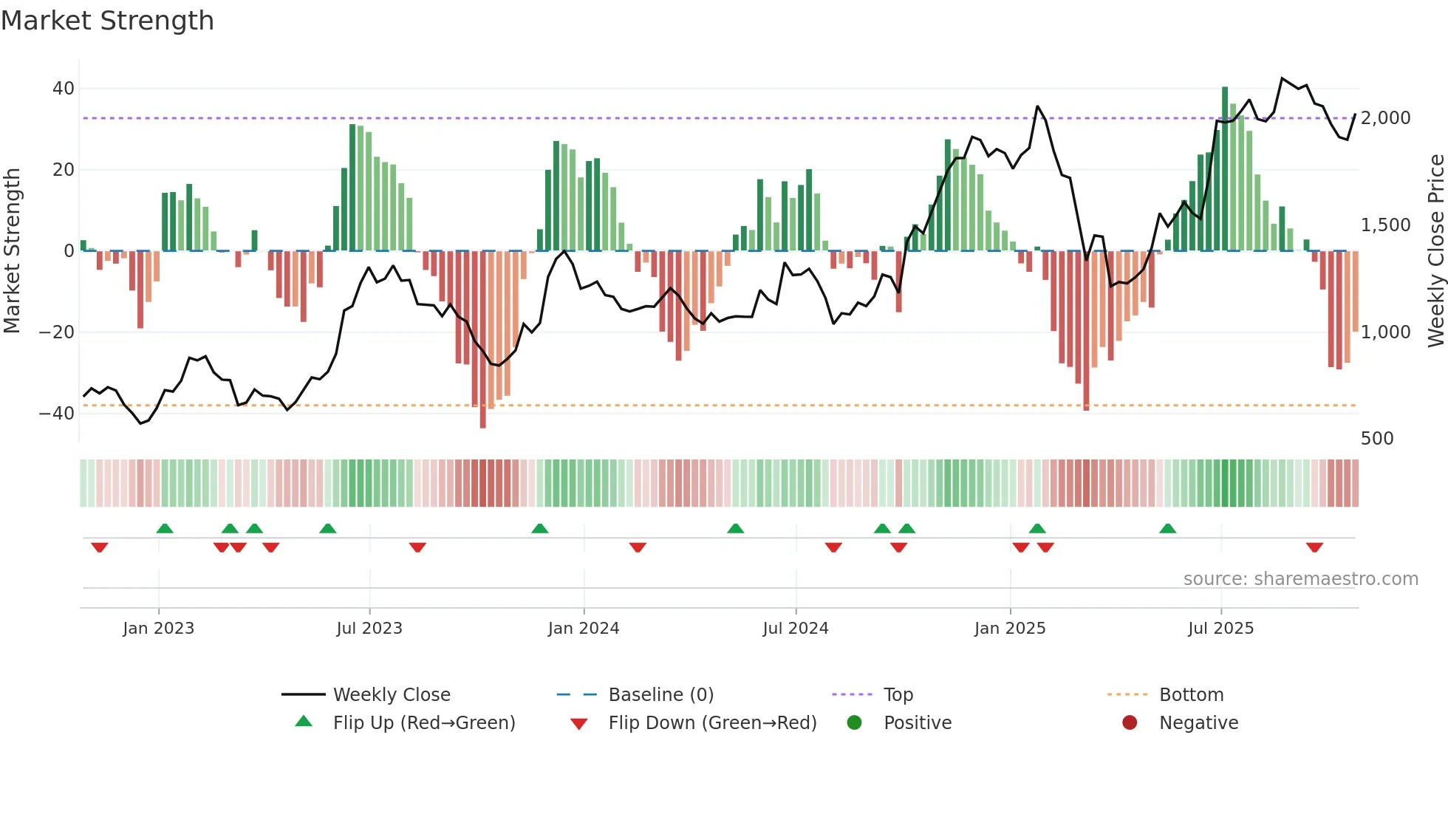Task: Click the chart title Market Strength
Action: (x=107, y=21)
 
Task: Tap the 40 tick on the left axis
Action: (x=64, y=89)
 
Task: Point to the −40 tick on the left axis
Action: (x=57, y=414)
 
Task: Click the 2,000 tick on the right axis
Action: (x=1385, y=118)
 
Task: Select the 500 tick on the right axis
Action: (x=1376, y=439)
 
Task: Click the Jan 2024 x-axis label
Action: (x=583, y=629)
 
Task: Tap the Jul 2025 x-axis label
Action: (x=1220, y=629)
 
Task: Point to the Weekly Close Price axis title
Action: (x=1435, y=251)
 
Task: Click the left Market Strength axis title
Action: (x=13, y=251)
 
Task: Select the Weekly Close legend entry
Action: (x=391, y=695)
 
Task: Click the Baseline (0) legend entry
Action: (x=660, y=695)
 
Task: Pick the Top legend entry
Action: (x=898, y=695)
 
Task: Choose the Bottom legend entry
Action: (x=1191, y=695)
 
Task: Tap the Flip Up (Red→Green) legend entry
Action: (x=423, y=723)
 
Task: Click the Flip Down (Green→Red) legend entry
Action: (x=711, y=723)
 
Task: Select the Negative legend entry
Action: (x=1198, y=723)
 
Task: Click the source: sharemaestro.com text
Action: (x=1300, y=579)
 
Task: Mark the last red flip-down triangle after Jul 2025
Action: (x=1314, y=547)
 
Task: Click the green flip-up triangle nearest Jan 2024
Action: (x=540, y=528)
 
